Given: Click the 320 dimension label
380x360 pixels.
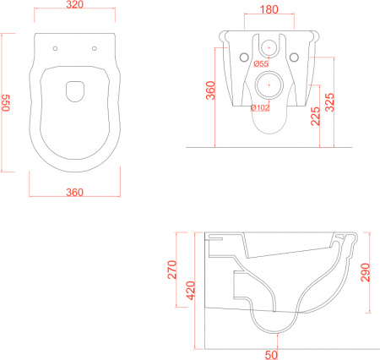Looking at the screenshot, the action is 75,4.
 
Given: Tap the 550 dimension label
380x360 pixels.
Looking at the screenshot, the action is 6,103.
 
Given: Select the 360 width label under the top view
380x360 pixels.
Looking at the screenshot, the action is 75,193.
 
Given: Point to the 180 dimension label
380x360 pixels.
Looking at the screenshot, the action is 269,9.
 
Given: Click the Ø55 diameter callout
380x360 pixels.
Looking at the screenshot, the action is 261,63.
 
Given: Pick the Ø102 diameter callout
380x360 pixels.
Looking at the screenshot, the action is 260,107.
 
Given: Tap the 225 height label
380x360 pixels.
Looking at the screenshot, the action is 316,116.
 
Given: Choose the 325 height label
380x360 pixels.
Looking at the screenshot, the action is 329,102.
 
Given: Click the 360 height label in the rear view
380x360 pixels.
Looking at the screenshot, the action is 210,90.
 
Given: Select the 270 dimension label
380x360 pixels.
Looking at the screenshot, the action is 172,270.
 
